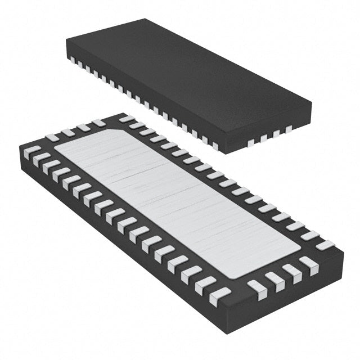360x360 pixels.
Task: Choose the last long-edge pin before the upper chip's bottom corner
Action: click(x=214, y=146)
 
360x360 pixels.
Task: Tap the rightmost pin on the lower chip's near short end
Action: click(x=308, y=263)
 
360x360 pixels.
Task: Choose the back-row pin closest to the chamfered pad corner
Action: click(x=127, y=119)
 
